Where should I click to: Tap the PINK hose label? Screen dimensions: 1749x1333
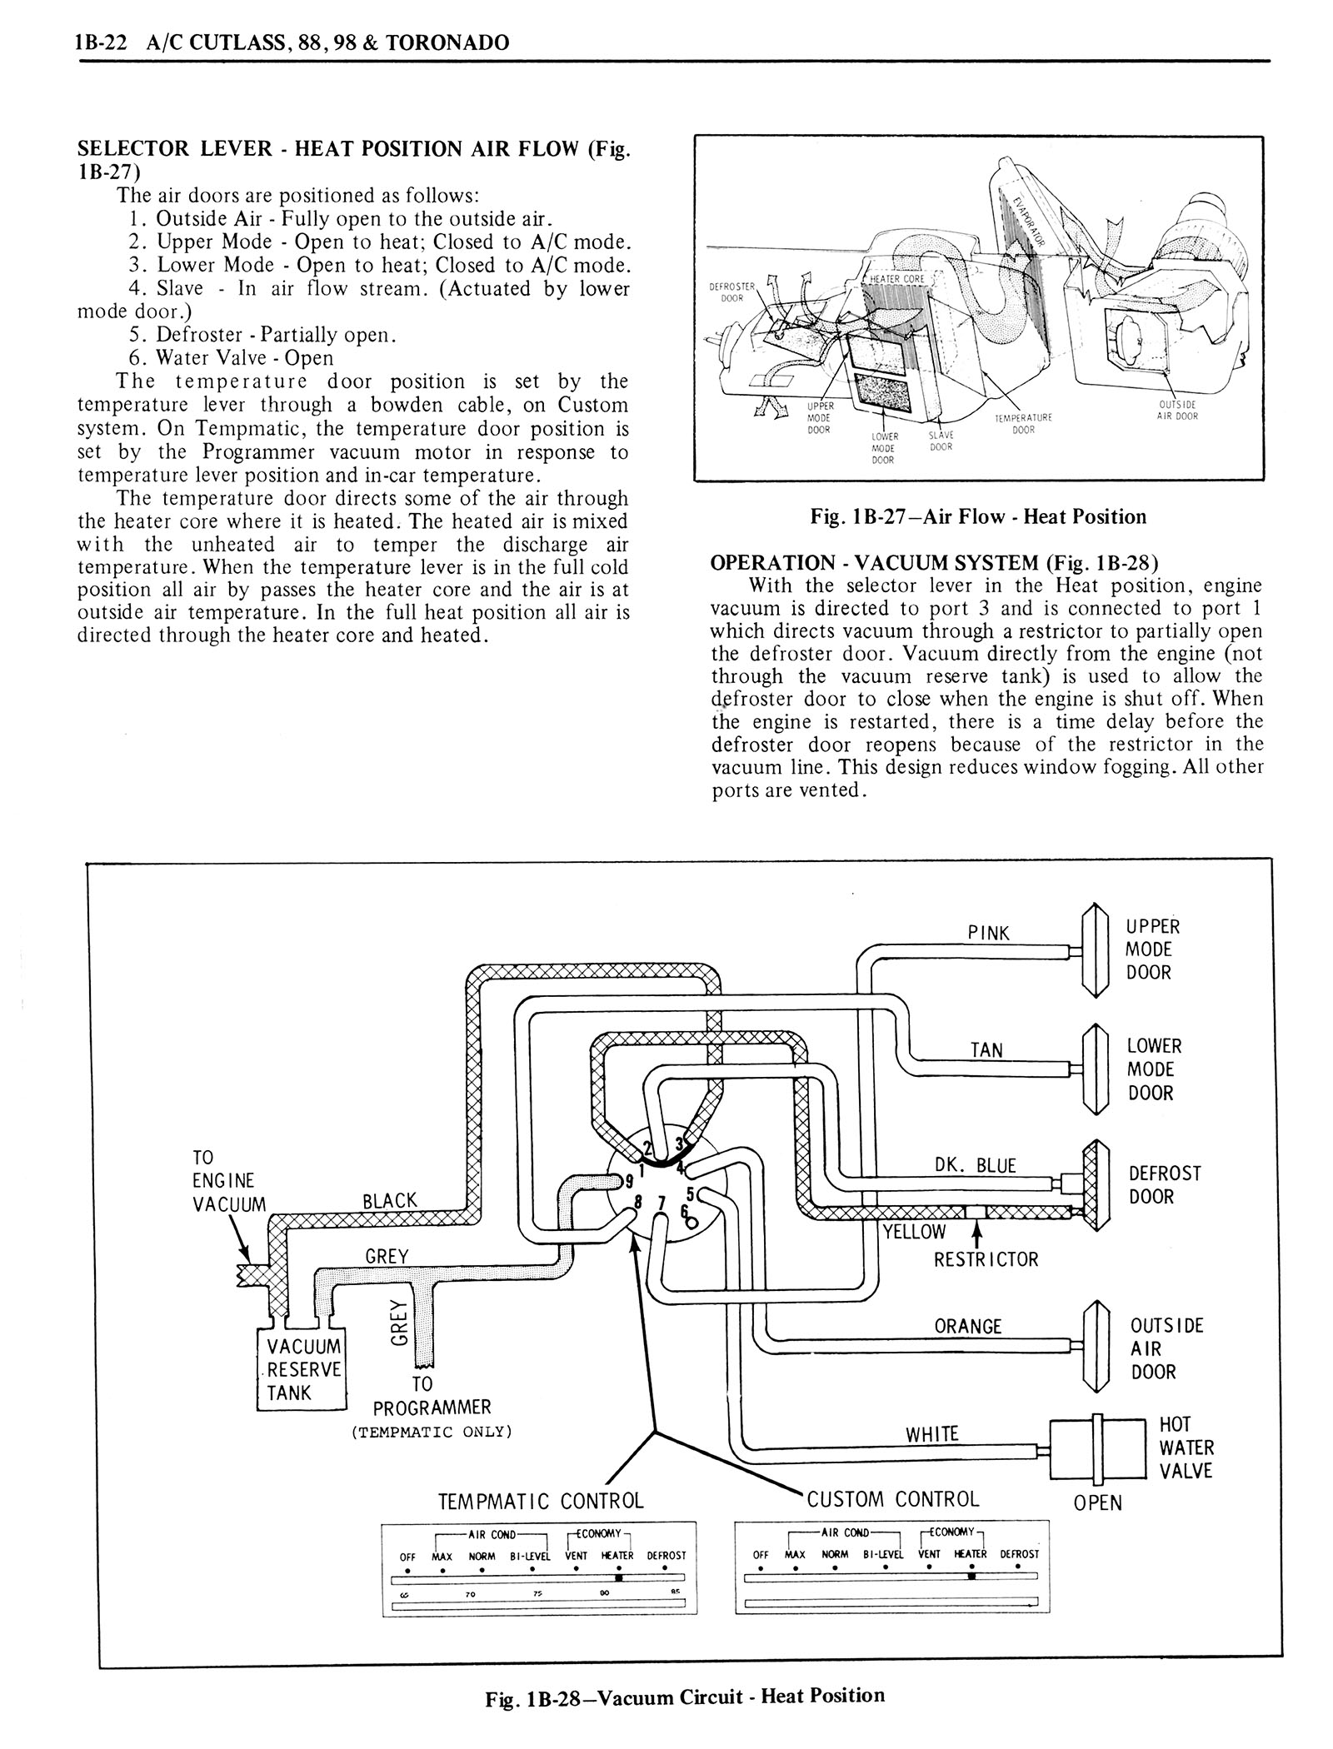coord(988,933)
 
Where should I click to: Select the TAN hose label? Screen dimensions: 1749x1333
coord(986,1050)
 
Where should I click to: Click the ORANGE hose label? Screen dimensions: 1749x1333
coord(968,1326)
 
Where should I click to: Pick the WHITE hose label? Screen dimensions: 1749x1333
coord(932,1433)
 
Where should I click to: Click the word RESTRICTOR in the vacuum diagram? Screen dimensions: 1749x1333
coord(986,1258)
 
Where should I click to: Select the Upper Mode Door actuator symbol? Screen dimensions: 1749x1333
coord(1094,950)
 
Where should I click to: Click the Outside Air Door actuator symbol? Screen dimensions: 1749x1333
coord(1094,1347)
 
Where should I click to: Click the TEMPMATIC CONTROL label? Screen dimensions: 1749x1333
coord(541,1501)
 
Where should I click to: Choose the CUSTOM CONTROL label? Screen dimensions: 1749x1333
coord(893,1499)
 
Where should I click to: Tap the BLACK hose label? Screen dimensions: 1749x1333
coord(390,1200)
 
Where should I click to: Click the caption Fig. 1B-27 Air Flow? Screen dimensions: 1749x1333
coord(978,516)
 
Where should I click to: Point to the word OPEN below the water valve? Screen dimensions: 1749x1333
coord(1098,1503)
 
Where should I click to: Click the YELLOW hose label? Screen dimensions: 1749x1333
coord(915,1232)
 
